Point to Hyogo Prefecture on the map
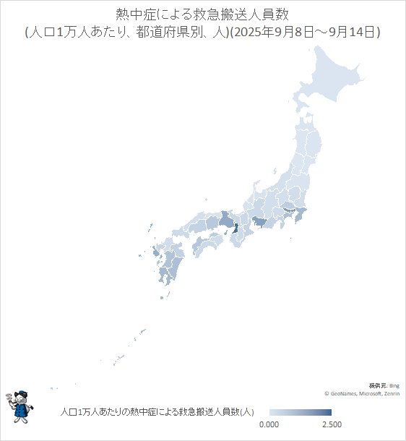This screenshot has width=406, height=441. point(226,220)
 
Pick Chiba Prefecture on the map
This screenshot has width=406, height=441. point(303,215)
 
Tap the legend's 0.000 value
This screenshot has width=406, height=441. point(269,424)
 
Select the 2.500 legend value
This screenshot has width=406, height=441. point(331,424)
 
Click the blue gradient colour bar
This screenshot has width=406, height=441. point(300,412)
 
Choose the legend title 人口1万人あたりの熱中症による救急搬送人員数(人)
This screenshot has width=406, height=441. point(156,412)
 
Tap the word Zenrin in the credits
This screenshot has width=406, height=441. point(392,393)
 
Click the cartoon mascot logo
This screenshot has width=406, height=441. point(20,406)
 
